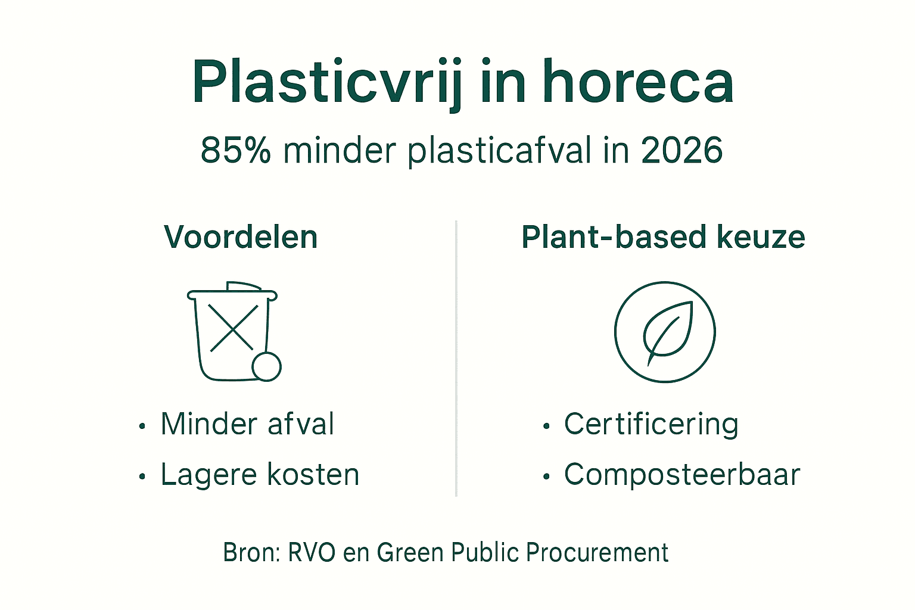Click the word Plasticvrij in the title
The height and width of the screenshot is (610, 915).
click(x=326, y=83)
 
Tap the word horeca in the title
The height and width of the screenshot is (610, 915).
click(x=637, y=83)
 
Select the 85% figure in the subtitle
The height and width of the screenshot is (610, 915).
click(x=235, y=150)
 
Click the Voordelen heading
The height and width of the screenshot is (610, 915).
click(x=241, y=237)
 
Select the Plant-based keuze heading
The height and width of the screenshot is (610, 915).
click(x=663, y=237)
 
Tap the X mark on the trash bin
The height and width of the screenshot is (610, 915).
click(x=234, y=328)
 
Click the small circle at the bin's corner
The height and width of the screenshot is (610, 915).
click(x=266, y=366)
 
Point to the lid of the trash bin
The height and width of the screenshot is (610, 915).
click(x=232, y=292)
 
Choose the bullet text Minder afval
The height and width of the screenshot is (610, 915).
click(x=247, y=424)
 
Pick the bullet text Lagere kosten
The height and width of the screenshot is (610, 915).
click(x=260, y=475)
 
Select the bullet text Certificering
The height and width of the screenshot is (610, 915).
click(x=651, y=424)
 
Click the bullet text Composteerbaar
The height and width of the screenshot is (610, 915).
click(x=681, y=475)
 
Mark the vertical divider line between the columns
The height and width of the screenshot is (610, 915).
click(x=456, y=357)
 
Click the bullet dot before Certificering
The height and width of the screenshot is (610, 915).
click(x=546, y=427)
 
